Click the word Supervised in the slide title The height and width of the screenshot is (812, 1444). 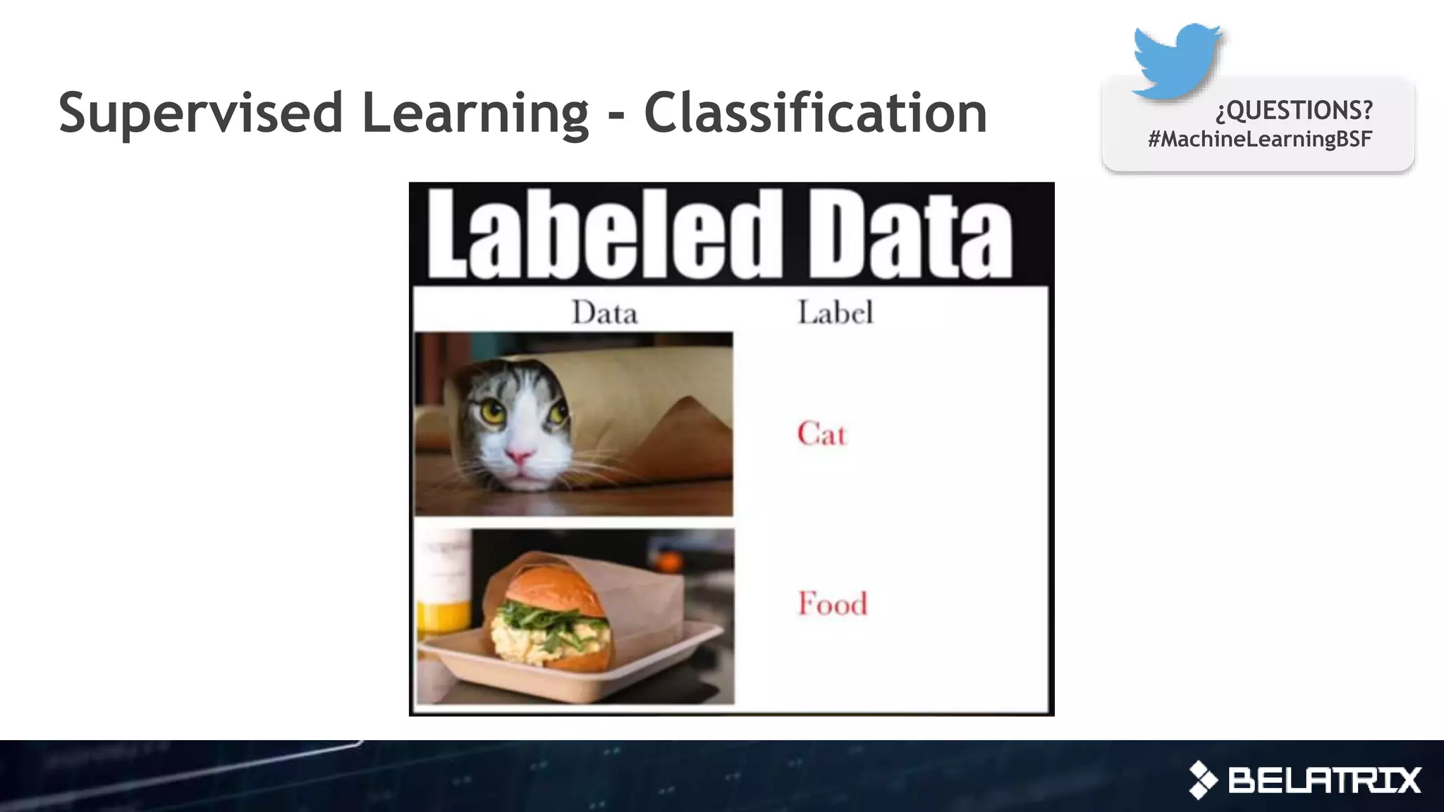pyautogui.click(x=200, y=113)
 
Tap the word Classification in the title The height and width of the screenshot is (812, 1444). pyautogui.click(x=815, y=113)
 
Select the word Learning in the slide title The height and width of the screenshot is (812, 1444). pyautogui.click(x=475, y=113)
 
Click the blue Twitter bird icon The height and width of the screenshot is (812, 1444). pyautogui.click(x=1176, y=61)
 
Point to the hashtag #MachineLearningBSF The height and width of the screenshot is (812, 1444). pyautogui.click(x=1259, y=139)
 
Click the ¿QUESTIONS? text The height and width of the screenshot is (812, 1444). pyautogui.click(x=1294, y=110)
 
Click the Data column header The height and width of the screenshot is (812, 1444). pyautogui.click(x=604, y=312)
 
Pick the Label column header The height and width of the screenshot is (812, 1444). pyautogui.click(x=835, y=312)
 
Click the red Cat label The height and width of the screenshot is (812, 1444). pyautogui.click(x=821, y=433)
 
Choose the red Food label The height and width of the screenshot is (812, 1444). pyautogui.click(x=832, y=604)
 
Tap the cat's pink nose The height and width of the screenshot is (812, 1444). pyautogui.click(x=519, y=457)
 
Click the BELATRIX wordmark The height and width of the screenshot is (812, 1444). pyautogui.click(x=1324, y=780)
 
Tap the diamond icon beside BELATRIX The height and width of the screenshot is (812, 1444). pyautogui.click(x=1203, y=780)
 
